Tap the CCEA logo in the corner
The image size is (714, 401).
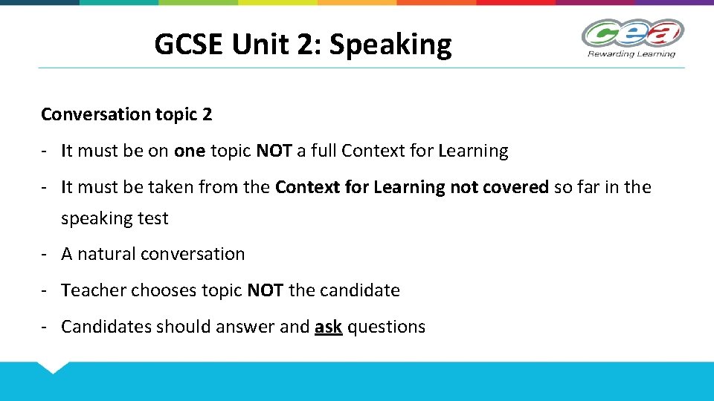tap(631, 33)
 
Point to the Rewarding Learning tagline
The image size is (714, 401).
tap(631, 53)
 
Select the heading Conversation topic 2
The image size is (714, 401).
tap(126, 114)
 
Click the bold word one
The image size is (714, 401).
tap(190, 151)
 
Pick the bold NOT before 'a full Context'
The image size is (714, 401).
tap(274, 151)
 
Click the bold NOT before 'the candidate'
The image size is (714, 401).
tap(265, 290)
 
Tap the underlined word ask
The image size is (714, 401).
tap(328, 327)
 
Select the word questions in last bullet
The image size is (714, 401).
tap(387, 327)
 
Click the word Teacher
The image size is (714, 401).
tap(94, 290)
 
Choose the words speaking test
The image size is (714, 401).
tap(115, 218)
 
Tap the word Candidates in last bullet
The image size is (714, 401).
tap(106, 327)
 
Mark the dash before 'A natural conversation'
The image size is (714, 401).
tap(45, 254)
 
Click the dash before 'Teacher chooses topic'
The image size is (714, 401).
tap(45, 290)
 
